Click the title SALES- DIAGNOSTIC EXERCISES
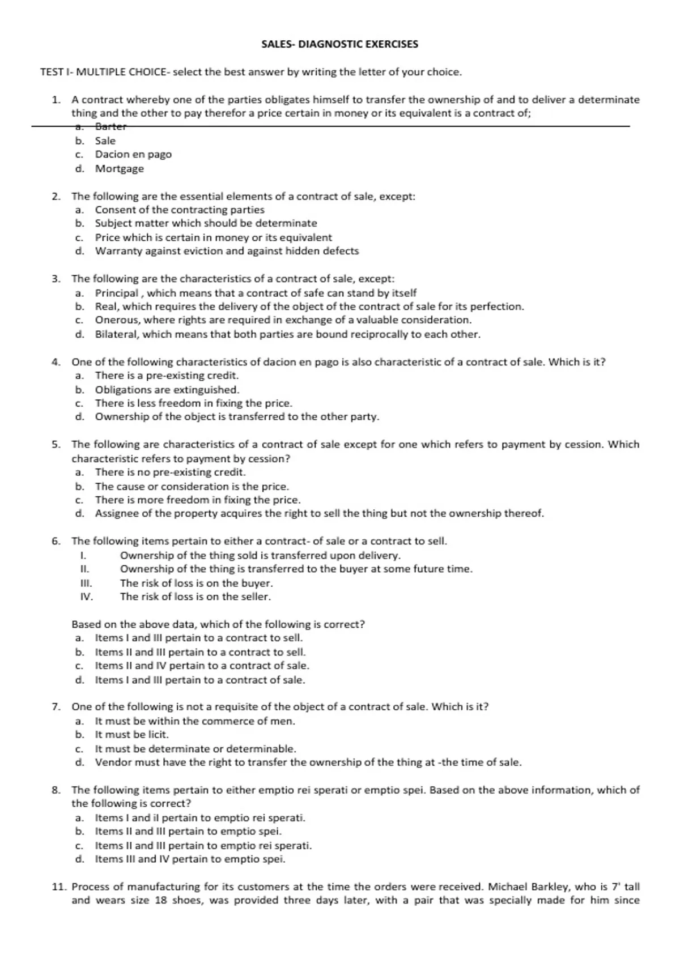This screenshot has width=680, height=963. click(339, 44)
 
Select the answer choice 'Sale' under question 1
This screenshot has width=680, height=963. click(105, 140)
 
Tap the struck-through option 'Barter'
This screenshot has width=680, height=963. click(110, 126)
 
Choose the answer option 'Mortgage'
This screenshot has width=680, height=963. click(119, 168)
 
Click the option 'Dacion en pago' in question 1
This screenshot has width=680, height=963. click(133, 154)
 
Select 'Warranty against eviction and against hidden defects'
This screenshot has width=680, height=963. click(227, 251)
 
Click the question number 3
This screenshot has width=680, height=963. click(56, 279)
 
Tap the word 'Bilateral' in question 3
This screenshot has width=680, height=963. click(116, 334)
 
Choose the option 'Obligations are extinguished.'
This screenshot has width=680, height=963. click(167, 390)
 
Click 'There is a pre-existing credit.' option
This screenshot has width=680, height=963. click(167, 376)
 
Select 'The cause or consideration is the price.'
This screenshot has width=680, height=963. click(192, 486)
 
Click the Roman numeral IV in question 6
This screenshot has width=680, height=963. click(86, 596)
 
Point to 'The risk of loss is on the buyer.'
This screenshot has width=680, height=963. click(196, 583)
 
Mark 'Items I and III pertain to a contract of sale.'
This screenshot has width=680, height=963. click(199, 680)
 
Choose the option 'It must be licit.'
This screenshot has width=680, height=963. click(131, 735)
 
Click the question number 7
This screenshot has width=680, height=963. click(56, 707)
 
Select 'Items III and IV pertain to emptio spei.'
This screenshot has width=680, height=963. click(190, 859)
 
